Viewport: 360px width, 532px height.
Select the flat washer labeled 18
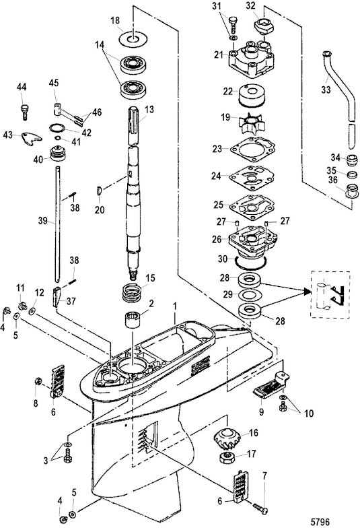point(133,38)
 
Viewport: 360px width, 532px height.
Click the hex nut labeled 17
point(228,457)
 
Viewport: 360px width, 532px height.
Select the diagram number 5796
point(320,522)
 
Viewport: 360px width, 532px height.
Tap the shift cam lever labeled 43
point(32,138)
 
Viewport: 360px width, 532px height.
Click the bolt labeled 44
point(24,112)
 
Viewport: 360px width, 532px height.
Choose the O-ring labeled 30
point(251,263)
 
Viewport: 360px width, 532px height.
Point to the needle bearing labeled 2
point(132,320)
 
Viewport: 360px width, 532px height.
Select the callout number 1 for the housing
point(175,306)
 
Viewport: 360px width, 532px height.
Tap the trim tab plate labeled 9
point(271,386)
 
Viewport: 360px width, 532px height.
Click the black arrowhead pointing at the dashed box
point(307,291)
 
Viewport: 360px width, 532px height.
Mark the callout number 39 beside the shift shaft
point(42,221)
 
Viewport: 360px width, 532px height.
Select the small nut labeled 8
point(38,382)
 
